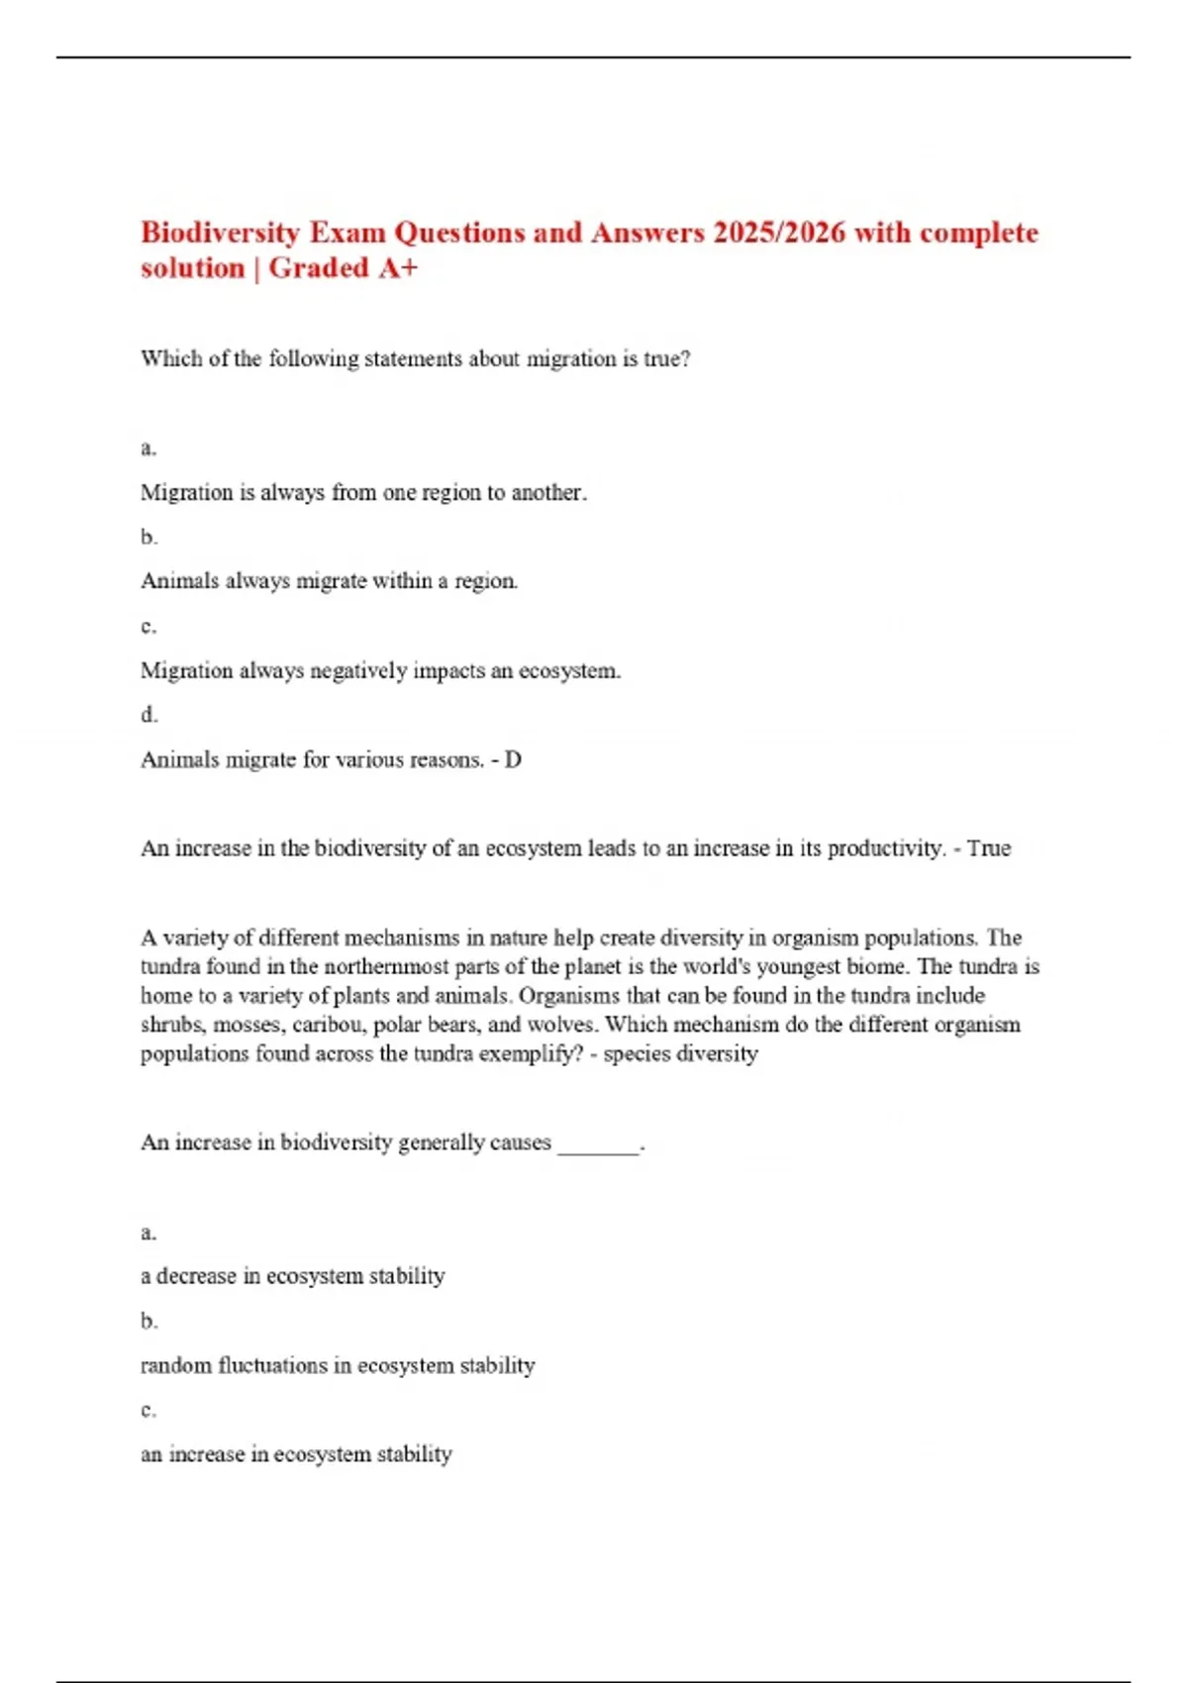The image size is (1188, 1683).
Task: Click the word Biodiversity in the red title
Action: coord(220,234)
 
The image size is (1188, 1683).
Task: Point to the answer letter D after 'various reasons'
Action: coord(513,760)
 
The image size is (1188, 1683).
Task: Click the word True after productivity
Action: coord(989,848)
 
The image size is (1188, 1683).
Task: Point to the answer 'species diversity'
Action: coord(680,1054)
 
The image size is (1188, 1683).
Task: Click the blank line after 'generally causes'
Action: coord(599,1144)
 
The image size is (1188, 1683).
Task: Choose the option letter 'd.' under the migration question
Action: coord(148,715)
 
